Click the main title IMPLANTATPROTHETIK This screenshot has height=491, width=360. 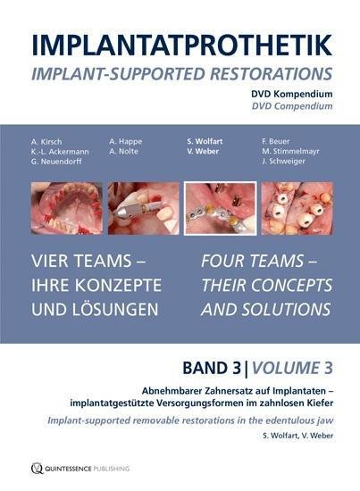pos(181,45)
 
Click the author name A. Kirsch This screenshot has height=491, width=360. pos(46,142)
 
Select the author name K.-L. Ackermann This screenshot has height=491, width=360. pos(60,152)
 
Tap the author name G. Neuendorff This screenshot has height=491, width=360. pos(56,162)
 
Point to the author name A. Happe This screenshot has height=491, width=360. pos(125,142)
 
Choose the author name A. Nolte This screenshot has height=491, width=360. pos(123,151)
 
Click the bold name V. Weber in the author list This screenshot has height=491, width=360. pos(203,151)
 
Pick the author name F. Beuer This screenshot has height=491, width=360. pos(276,141)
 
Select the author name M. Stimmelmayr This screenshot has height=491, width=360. pos(290,151)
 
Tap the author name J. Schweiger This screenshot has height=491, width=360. pos(283,162)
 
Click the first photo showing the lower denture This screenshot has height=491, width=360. pos(67,208)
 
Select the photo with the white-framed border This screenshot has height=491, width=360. pos(221,208)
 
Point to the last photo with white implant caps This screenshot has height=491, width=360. pos(297,208)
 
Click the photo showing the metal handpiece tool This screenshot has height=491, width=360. pos(144,208)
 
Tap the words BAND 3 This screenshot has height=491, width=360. pos(212,368)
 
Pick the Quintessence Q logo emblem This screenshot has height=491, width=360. pos(37,468)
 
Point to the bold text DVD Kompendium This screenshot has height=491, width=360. pos(292,94)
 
